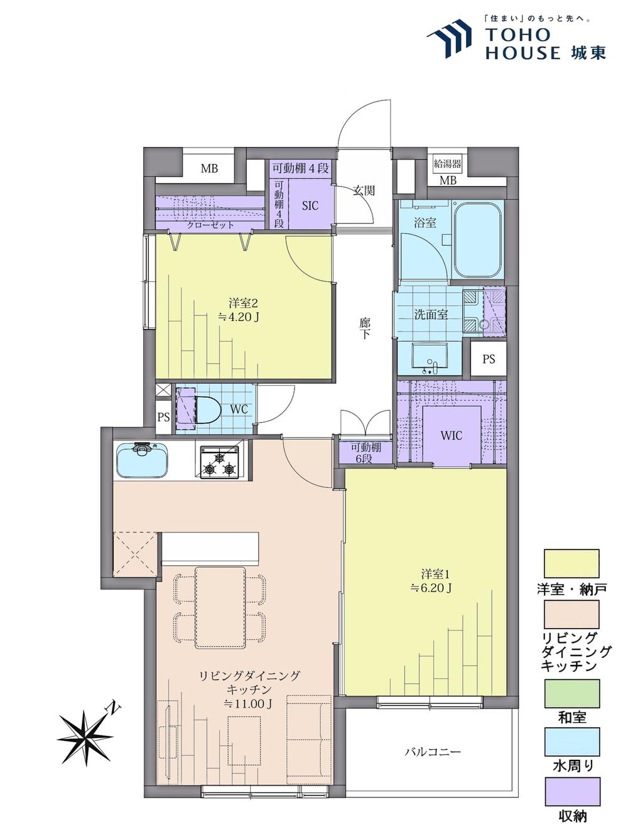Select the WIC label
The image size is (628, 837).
point(451,435)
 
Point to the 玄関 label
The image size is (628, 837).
point(364,190)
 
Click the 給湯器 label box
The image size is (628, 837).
point(448,164)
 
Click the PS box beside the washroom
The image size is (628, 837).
point(489,359)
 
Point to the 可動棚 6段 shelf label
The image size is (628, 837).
point(365,453)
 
